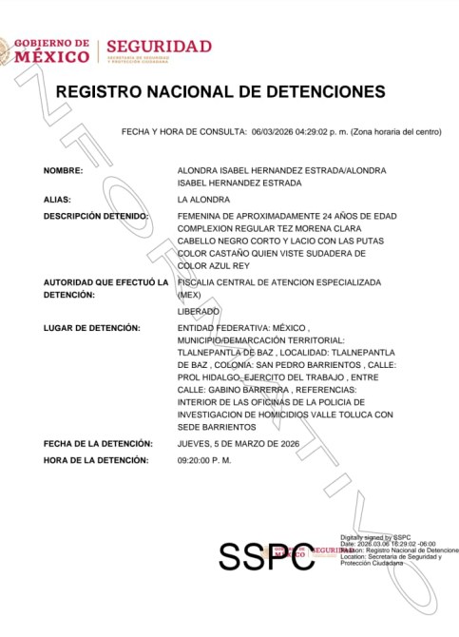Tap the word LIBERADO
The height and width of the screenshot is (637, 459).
(x=199, y=311)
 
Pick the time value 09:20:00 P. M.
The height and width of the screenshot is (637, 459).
(x=203, y=460)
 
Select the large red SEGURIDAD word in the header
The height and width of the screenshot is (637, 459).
(x=159, y=47)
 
